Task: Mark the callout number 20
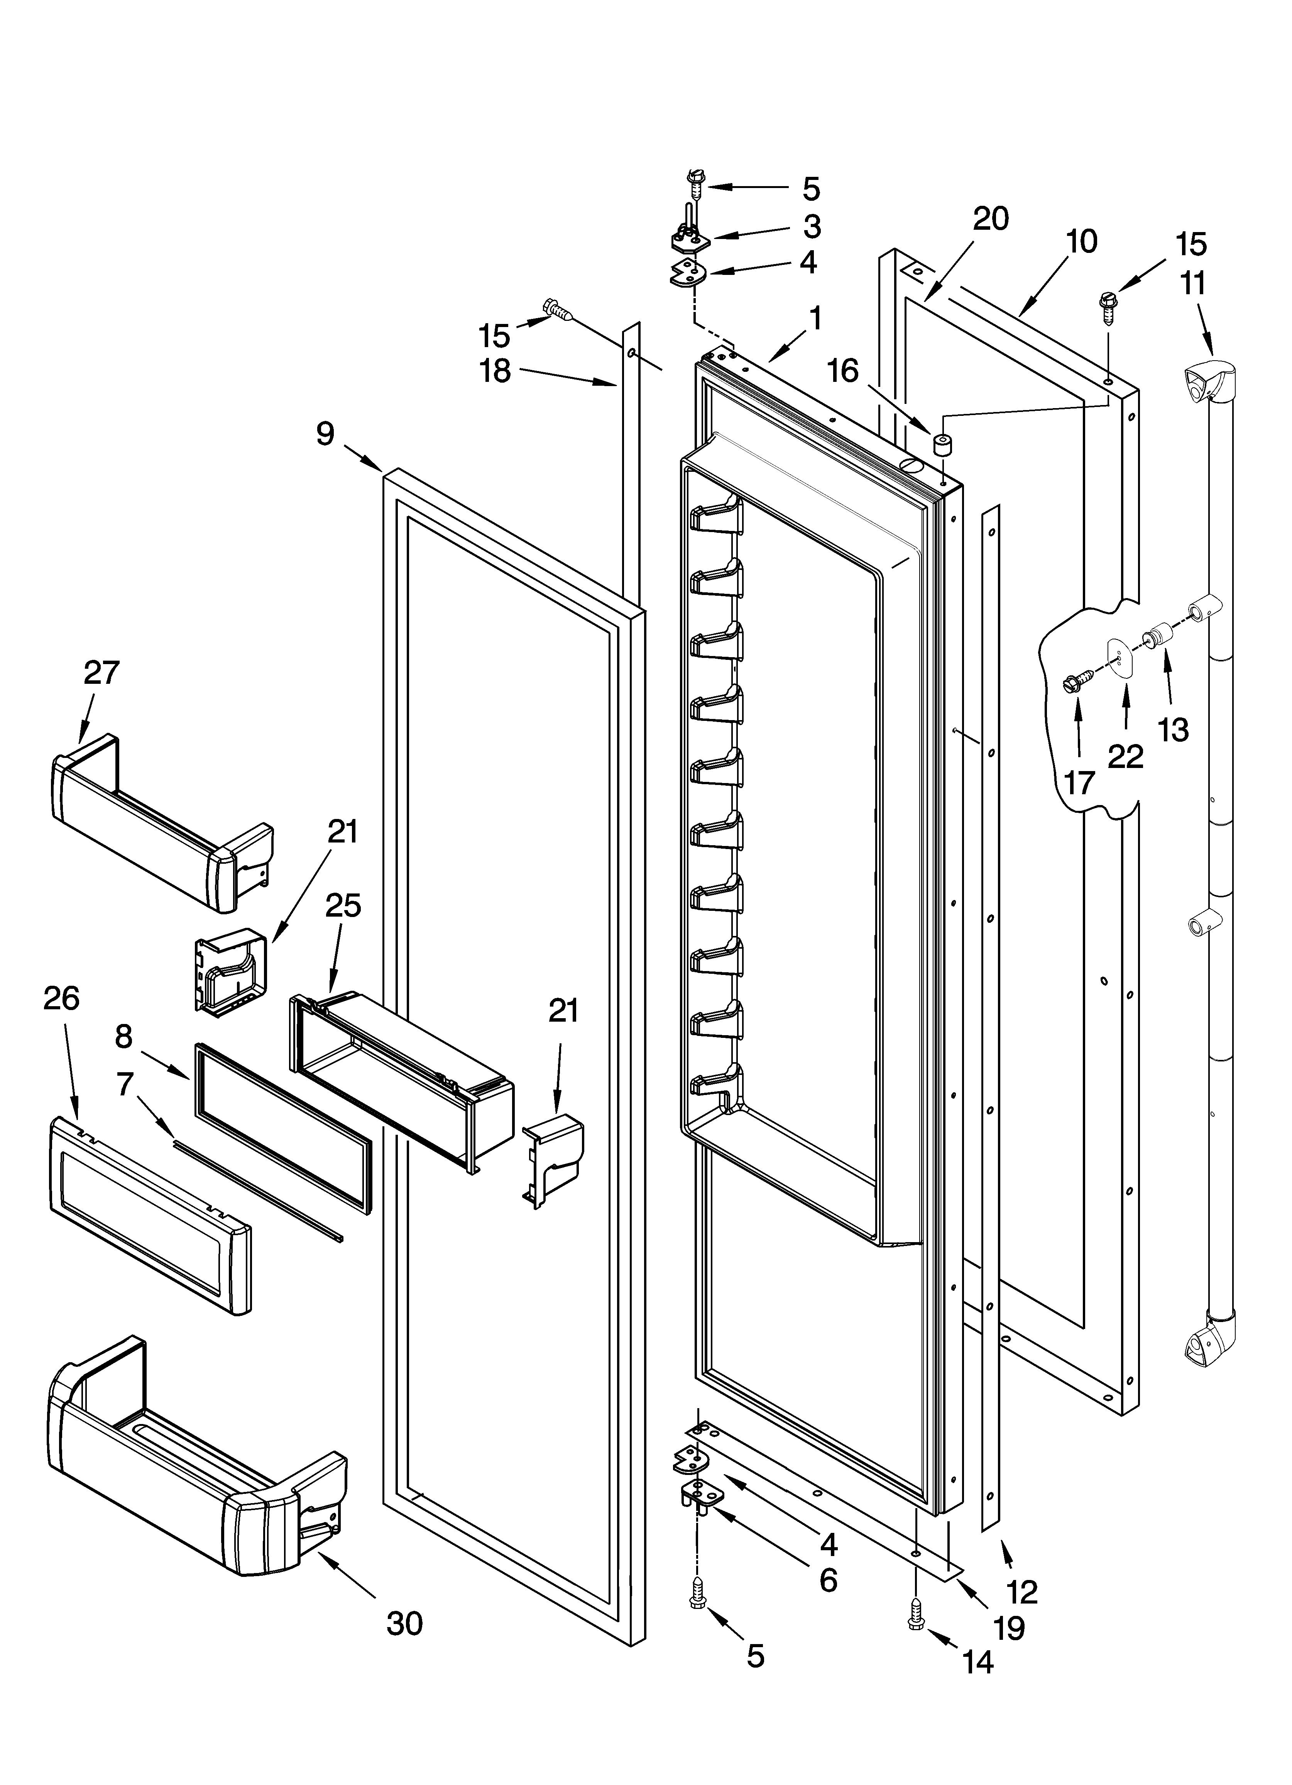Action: pyautogui.click(x=991, y=219)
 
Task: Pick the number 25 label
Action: pyautogui.click(x=343, y=906)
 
